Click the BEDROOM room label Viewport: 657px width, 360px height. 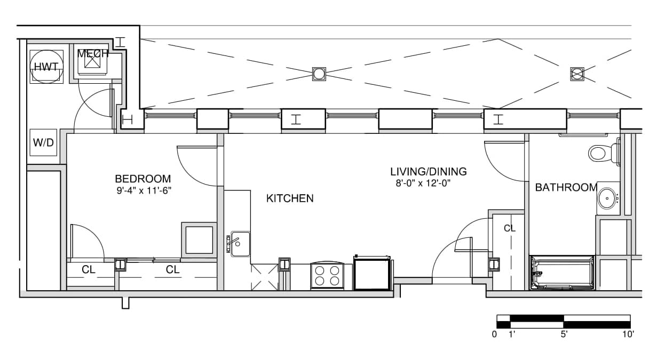pyautogui.click(x=143, y=179)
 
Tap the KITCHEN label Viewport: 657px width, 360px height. pyautogui.click(x=290, y=198)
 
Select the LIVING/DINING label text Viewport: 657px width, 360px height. pyautogui.click(x=428, y=172)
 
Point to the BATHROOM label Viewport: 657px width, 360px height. pyautogui.click(x=566, y=187)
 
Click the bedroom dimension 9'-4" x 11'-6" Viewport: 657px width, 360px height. pyautogui.click(x=144, y=191)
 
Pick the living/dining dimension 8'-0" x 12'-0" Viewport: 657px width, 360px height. pyautogui.click(x=423, y=183)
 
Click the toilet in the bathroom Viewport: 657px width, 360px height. pyautogui.click(x=604, y=153)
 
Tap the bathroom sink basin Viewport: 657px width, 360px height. pyautogui.click(x=607, y=198)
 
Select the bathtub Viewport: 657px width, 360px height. pyautogui.click(x=562, y=273)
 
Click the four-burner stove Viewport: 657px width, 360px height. pyautogui.click(x=327, y=276)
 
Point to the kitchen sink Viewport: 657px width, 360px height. pyautogui.click(x=240, y=244)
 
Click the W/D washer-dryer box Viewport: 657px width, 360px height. pyautogui.click(x=43, y=142)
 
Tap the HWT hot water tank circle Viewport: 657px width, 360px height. pyautogui.click(x=46, y=67)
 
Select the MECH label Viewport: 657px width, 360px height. pyautogui.click(x=93, y=54)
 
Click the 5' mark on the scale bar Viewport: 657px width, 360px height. pyautogui.click(x=564, y=334)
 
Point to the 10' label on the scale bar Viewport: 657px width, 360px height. pyautogui.click(x=628, y=334)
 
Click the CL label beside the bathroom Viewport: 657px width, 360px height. pyautogui.click(x=510, y=228)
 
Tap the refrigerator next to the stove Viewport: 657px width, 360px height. pyautogui.click(x=372, y=273)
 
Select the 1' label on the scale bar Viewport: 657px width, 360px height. pyautogui.click(x=512, y=334)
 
